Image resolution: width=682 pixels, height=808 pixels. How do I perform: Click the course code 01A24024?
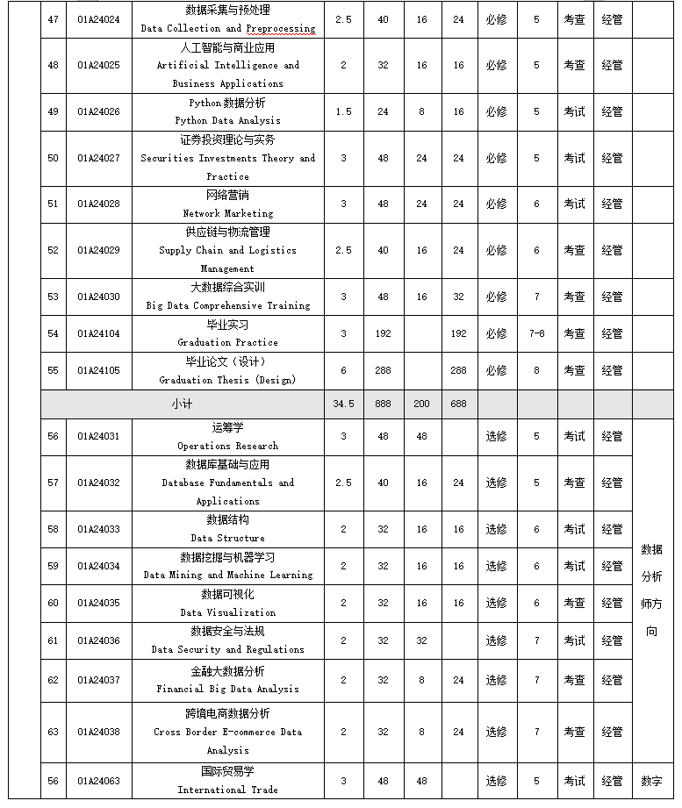click(98, 19)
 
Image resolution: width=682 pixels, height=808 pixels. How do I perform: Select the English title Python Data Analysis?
click(227, 120)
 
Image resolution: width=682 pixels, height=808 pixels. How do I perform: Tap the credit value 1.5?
click(343, 111)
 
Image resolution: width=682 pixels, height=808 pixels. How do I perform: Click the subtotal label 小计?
click(183, 404)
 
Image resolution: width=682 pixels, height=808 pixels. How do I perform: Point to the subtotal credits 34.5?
click(343, 404)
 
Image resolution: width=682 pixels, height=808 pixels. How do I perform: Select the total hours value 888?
click(383, 404)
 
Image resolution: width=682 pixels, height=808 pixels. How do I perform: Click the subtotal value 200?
click(421, 404)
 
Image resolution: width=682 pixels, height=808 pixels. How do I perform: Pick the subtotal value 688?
click(458, 404)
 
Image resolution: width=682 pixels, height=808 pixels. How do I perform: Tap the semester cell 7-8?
click(536, 333)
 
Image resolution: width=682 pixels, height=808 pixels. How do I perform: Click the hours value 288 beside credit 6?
click(383, 370)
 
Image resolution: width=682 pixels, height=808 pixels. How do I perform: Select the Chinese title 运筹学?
click(227, 427)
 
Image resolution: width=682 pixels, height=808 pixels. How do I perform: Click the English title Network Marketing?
click(227, 213)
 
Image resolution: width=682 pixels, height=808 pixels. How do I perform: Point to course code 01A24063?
click(98, 781)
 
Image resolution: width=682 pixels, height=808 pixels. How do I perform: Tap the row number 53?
click(53, 297)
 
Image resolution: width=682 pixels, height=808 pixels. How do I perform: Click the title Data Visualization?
click(227, 612)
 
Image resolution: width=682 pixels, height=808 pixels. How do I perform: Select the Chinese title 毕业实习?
click(227, 325)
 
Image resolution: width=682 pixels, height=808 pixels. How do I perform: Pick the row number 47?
click(53, 19)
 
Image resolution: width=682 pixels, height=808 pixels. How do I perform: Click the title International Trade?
click(227, 790)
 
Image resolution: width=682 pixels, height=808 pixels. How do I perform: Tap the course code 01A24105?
click(98, 370)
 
